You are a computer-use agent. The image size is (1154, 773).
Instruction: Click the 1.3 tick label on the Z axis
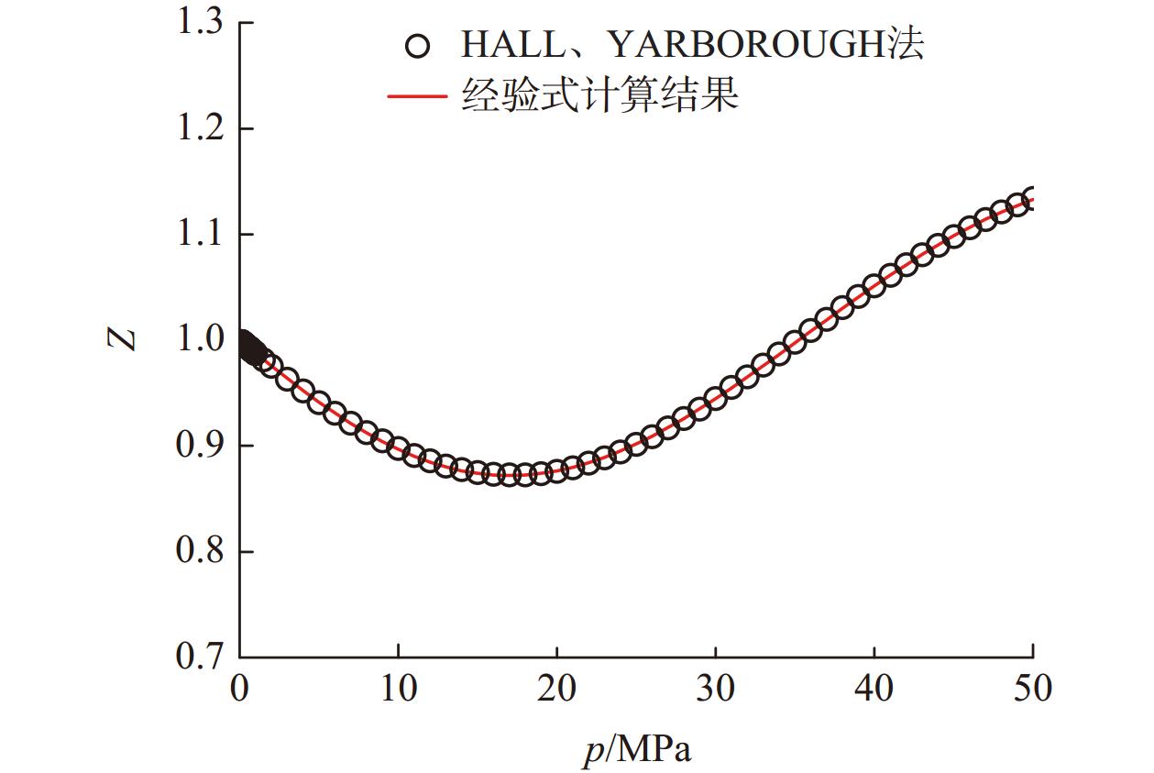200,22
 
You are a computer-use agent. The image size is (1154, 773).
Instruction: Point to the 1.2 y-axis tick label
200,128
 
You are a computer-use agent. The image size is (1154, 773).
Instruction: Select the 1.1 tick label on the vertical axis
200,234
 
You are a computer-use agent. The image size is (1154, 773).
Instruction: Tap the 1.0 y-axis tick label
200,340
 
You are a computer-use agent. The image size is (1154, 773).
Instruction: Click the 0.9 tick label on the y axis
200,446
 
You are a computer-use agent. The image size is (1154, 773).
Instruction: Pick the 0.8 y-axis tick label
200,552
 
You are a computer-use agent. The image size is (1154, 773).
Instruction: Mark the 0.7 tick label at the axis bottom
200,657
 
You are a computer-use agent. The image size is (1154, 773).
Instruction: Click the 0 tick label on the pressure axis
239,688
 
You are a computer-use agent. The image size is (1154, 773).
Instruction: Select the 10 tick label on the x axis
398,688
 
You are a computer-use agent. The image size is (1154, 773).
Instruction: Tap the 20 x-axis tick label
556,688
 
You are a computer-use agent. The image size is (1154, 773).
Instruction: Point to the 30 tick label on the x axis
715,688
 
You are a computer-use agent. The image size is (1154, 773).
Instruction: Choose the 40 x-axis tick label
874,688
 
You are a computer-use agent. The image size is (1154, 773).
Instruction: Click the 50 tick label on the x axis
1033,688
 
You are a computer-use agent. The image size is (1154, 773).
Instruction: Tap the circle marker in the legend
419,45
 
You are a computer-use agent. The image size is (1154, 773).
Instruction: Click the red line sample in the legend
418,94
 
